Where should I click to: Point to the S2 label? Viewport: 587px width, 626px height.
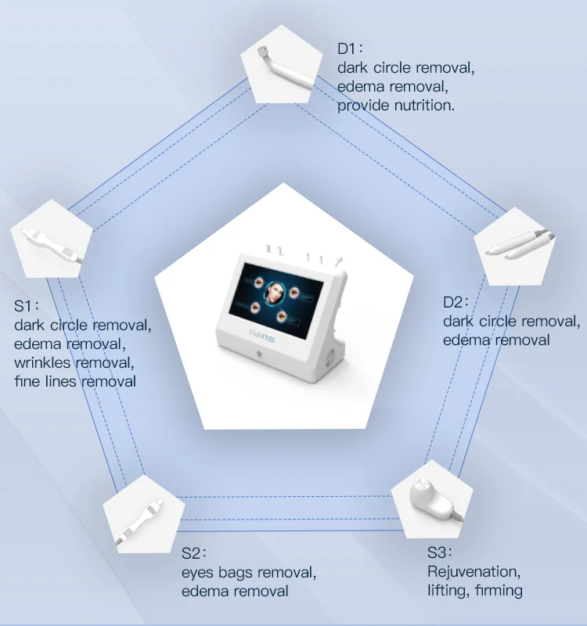(193, 553)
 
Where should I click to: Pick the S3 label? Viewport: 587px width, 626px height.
(439, 553)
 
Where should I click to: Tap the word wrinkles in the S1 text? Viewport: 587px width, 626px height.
(44, 363)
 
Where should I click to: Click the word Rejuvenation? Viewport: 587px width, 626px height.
(473, 572)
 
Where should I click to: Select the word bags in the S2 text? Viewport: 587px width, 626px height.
(236, 572)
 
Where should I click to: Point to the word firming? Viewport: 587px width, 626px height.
(497, 591)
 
